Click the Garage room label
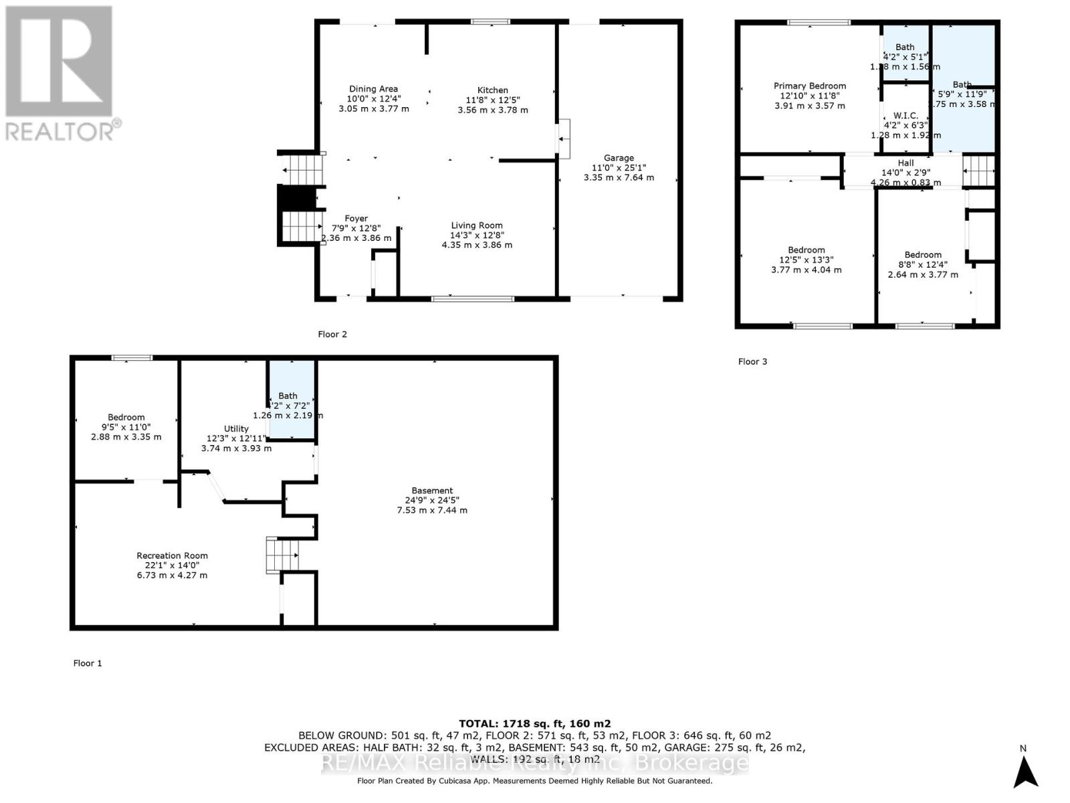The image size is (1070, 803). tap(619, 159)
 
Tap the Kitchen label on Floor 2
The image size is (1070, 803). tap(493, 90)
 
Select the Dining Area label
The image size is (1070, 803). tap(373, 89)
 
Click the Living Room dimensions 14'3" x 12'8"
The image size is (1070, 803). tap(477, 236)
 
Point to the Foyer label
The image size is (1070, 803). tap(356, 219)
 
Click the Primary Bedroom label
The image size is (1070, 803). tap(809, 86)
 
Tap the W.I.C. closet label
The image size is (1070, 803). tap(905, 116)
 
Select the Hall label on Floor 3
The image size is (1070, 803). tap(905, 163)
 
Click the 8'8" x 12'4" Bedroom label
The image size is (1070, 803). tap(923, 255)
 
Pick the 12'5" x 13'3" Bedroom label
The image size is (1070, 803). tap(806, 250)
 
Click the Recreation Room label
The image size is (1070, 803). tap(172, 556)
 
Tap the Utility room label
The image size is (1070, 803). tap(236, 429)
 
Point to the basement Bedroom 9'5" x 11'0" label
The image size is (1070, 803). tap(126, 418)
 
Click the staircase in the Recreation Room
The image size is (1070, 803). tap(282, 554)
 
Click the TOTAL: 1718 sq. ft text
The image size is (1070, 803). tap(534, 723)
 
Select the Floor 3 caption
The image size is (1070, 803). tap(752, 361)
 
